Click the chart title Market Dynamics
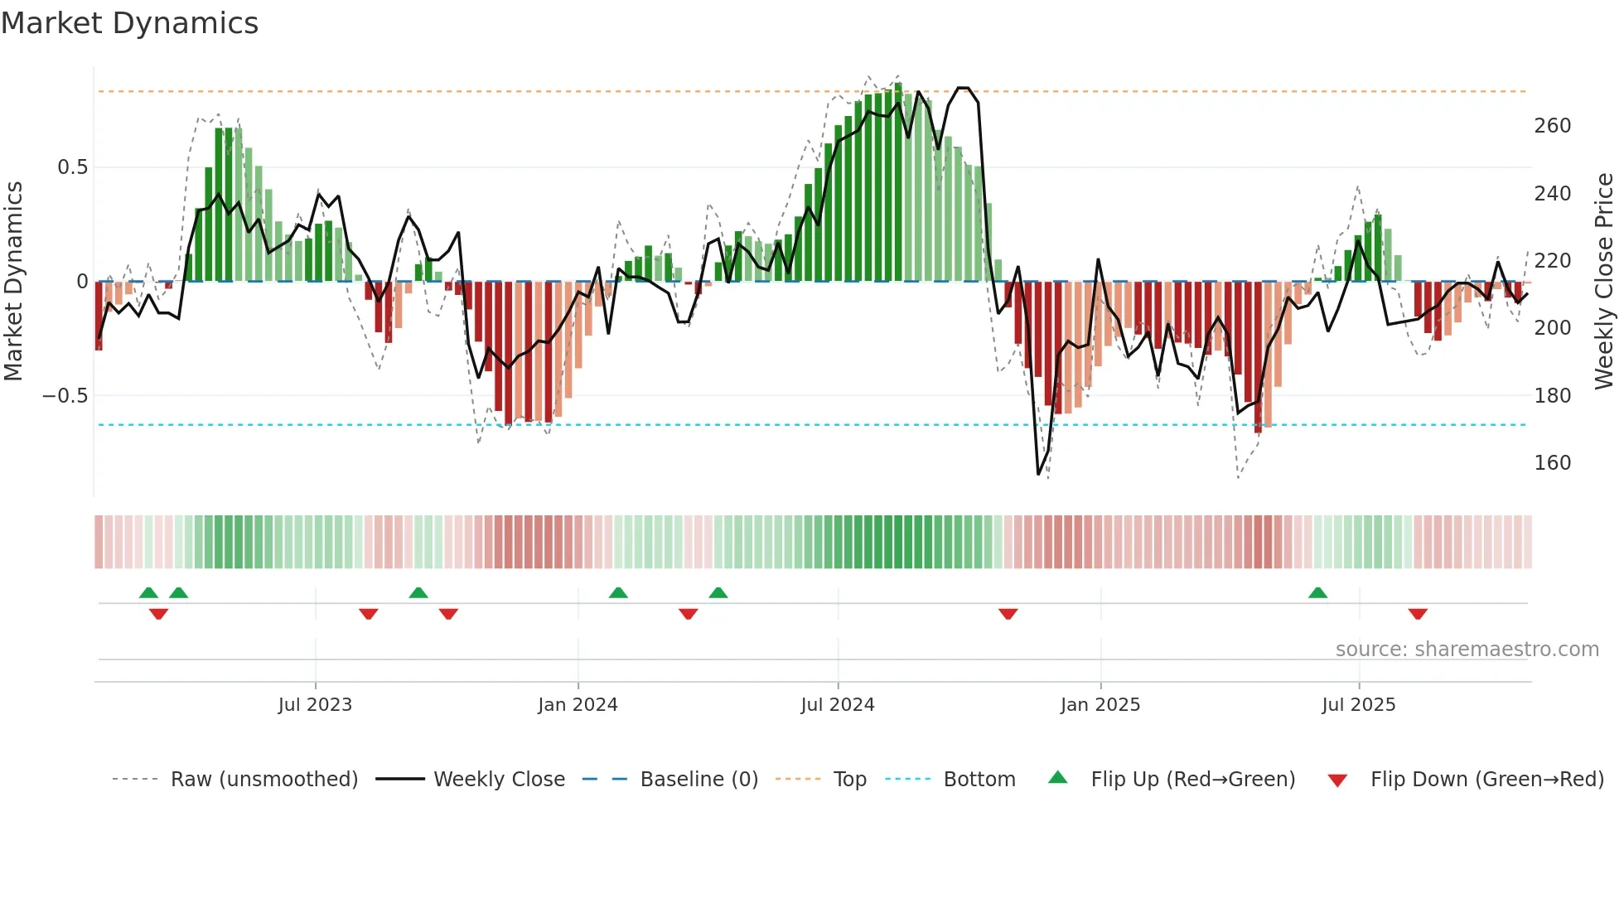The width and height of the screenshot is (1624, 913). click(x=129, y=23)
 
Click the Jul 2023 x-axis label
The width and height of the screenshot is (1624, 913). click(x=315, y=705)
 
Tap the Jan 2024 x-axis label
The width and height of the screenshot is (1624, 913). click(x=578, y=705)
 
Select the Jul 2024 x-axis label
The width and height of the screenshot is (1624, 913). click(x=838, y=705)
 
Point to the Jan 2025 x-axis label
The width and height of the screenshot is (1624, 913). click(x=1100, y=705)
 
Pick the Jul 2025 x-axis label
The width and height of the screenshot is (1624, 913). click(x=1359, y=705)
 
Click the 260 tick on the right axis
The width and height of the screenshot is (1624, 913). click(x=1552, y=126)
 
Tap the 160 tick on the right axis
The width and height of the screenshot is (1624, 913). click(x=1552, y=463)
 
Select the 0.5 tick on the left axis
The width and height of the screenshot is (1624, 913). click(x=72, y=167)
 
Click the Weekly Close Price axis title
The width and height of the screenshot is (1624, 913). click(x=1604, y=282)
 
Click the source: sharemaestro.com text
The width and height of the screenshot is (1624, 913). click(x=1467, y=650)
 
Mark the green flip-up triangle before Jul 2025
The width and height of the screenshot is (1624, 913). click(x=1317, y=593)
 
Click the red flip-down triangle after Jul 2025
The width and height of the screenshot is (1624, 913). click(x=1418, y=614)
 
